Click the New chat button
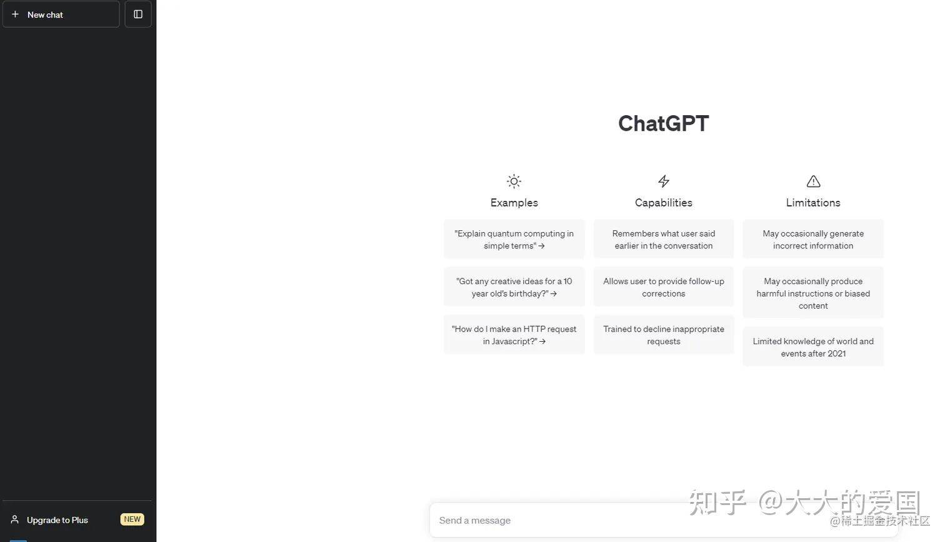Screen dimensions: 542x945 pyautogui.click(x=61, y=14)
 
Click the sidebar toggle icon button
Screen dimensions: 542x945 pyautogui.click(x=138, y=14)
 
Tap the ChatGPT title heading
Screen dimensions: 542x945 pyautogui.click(x=663, y=123)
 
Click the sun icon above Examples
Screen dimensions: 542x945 pyautogui.click(x=514, y=182)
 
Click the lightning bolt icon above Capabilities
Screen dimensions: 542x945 pyautogui.click(x=664, y=182)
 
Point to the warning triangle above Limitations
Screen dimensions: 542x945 pyautogui.click(x=813, y=182)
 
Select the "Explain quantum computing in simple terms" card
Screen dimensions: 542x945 pyautogui.click(x=514, y=239)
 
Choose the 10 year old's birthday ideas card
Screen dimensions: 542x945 pyautogui.click(x=514, y=287)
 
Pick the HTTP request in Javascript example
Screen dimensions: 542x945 pyautogui.click(x=514, y=335)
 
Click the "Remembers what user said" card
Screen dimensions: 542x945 pyautogui.click(x=664, y=239)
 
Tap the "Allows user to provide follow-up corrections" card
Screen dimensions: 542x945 pyautogui.click(x=664, y=287)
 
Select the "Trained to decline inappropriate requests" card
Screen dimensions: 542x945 pyautogui.click(x=664, y=335)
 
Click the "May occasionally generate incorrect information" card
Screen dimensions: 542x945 pyautogui.click(x=813, y=239)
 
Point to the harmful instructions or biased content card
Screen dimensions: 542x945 pyautogui.click(x=813, y=293)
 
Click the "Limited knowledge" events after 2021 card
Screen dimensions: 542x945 pyautogui.click(x=813, y=347)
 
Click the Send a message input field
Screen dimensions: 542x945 pyautogui.click(x=562, y=520)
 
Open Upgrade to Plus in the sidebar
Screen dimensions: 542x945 pyautogui.click(x=57, y=520)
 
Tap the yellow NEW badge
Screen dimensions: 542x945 pyautogui.click(x=132, y=519)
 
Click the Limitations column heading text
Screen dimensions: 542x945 pyautogui.click(x=813, y=203)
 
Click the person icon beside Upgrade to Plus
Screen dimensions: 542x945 pyautogui.click(x=15, y=519)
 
